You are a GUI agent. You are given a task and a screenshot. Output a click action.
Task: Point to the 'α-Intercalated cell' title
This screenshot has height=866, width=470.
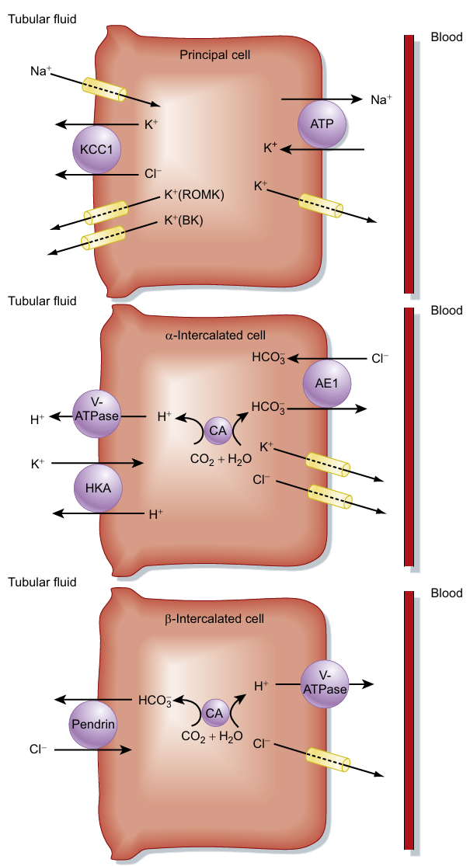coord(215,336)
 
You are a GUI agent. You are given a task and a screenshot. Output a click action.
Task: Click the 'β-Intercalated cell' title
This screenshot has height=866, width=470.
coord(214,619)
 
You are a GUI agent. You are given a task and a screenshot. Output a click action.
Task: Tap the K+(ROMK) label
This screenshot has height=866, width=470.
coord(194,195)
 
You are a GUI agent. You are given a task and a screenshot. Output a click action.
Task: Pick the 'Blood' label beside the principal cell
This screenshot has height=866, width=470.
coord(446,37)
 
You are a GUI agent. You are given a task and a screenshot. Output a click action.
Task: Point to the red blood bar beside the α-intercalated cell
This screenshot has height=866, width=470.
coord(409,436)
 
